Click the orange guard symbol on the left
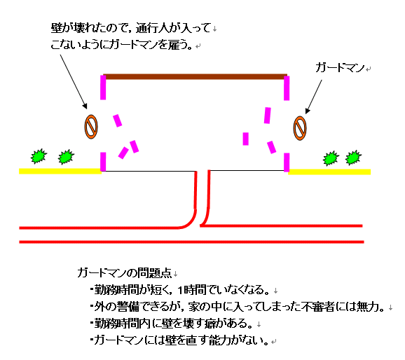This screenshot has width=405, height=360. (91, 127)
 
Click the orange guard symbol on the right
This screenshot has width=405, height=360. (300, 128)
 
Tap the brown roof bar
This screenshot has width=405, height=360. (195, 77)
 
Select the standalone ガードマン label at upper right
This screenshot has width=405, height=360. (340, 68)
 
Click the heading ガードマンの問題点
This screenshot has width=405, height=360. (125, 272)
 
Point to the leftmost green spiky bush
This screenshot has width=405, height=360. (39, 156)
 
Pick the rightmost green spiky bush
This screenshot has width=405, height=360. (353, 158)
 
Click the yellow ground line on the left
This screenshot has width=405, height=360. (60, 171)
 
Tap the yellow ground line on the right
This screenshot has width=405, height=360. (329, 172)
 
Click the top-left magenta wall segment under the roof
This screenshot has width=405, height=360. (103, 88)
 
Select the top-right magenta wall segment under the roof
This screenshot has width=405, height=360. (287, 88)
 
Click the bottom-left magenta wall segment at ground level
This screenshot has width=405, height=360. (103, 162)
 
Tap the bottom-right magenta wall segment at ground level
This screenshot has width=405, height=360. (287, 162)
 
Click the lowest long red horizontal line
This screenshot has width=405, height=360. (192, 242)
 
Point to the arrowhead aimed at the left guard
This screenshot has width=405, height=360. (85, 106)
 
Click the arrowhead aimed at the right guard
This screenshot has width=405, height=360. (307, 111)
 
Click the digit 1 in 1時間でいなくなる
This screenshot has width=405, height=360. (180, 291)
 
